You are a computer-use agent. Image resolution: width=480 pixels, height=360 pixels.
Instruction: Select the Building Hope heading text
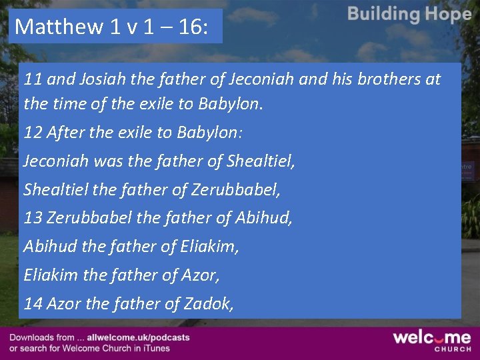(409, 14)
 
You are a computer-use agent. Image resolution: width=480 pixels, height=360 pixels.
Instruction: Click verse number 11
(33, 79)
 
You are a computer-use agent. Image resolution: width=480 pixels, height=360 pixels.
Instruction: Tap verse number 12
(33, 132)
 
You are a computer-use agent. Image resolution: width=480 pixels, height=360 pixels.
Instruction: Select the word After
(64, 132)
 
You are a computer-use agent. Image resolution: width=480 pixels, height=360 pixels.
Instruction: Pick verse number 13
(33, 217)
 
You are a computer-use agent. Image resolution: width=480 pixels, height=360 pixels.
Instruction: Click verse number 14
(33, 303)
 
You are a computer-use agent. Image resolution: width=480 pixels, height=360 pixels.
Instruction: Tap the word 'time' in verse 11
(64, 104)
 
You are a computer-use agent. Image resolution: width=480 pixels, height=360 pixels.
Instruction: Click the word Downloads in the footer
(32, 338)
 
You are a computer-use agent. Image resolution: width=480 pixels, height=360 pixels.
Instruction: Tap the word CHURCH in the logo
(453, 349)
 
